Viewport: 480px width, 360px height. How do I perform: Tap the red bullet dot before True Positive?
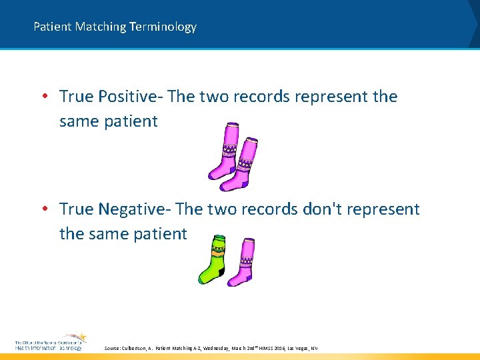tap(44, 97)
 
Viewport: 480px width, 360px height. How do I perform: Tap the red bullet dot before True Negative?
tap(44, 209)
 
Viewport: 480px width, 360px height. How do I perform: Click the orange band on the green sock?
tap(216, 253)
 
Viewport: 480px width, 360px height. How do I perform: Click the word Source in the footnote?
tap(114, 348)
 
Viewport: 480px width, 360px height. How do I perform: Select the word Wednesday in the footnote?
tap(216, 348)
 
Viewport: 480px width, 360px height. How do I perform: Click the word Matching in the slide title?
tap(101, 27)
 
